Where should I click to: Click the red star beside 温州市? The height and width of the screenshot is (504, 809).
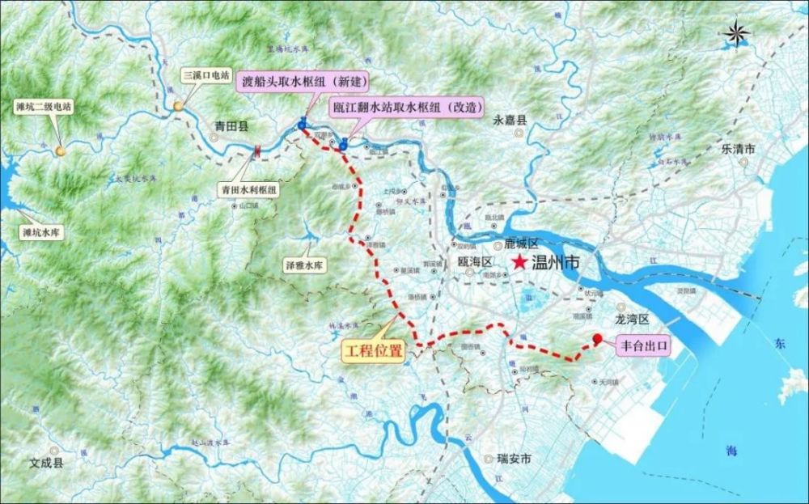[519, 263]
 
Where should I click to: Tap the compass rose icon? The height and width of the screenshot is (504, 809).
[737, 35]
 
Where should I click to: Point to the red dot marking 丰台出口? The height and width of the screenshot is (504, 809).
[598, 339]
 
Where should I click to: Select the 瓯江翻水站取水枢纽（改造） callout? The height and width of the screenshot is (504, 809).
[407, 106]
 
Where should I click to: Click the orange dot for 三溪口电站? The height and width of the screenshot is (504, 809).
[177, 106]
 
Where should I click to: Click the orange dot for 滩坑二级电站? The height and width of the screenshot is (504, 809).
[61, 150]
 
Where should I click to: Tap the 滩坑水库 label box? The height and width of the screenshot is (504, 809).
[40, 231]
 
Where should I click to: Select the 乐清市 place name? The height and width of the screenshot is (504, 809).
[738, 149]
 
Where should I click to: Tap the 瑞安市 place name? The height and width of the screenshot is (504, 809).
[514, 459]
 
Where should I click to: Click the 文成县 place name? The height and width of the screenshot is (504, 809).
[46, 464]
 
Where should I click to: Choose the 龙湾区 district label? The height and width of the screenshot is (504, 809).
[632, 320]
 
